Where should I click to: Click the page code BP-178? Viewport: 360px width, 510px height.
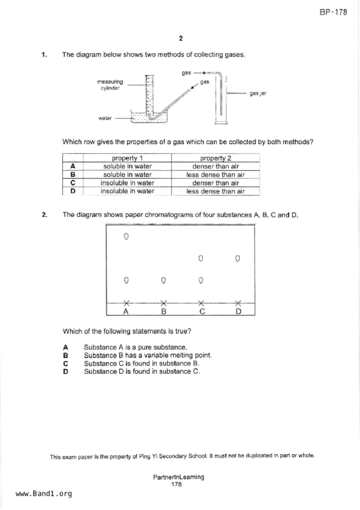[x=333, y=12]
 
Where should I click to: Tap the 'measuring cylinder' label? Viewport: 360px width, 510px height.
[x=110, y=85]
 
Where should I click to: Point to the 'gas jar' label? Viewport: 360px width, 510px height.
[x=258, y=93]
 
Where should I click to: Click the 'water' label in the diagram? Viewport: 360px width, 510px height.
[x=105, y=118]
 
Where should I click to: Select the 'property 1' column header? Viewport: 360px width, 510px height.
[x=127, y=158]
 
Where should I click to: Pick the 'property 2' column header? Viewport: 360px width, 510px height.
[x=216, y=158]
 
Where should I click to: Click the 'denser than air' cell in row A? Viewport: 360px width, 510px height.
[x=216, y=166]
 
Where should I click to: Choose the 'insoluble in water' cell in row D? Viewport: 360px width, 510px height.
[x=127, y=191]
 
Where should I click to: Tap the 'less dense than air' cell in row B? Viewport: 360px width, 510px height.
[x=216, y=175]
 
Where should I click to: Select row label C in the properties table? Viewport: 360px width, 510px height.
[x=73, y=183]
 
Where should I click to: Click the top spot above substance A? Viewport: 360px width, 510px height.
[x=126, y=237]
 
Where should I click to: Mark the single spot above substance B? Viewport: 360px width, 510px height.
[x=164, y=280]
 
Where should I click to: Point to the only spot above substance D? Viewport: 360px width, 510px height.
[x=238, y=258]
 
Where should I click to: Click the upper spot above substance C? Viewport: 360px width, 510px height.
[x=200, y=258]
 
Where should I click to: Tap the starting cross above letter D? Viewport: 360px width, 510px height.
[x=238, y=303]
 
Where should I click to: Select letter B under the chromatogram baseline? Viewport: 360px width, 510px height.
[x=164, y=311]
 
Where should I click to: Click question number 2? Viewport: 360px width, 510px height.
[x=44, y=215]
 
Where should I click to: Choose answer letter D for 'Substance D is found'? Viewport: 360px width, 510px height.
[x=66, y=372]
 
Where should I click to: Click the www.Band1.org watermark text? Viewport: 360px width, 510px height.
[x=44, y=493]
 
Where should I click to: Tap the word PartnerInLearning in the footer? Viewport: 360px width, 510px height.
[x=179, y=477]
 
